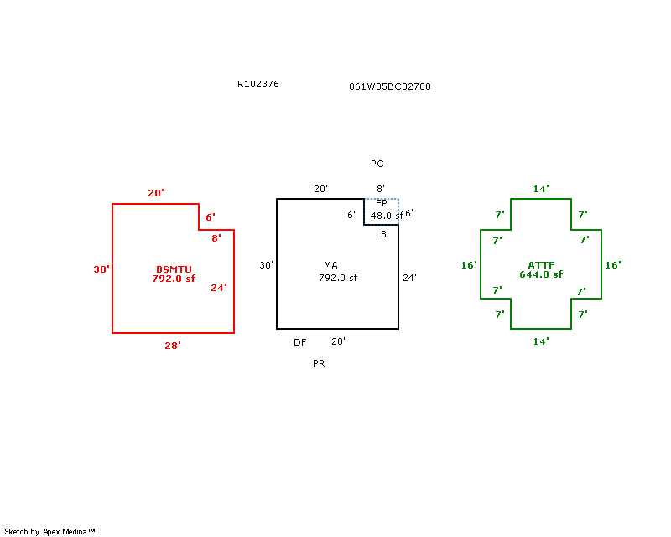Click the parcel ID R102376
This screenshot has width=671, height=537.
(258, 84)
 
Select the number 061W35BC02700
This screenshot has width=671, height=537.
(390, 86)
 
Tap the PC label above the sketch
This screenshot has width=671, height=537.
(377, 164)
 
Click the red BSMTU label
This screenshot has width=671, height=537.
(174, 268)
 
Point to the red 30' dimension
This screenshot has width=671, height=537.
(101, 269)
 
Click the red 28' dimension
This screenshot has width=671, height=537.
(173, 345)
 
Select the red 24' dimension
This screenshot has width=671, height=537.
(219, 288)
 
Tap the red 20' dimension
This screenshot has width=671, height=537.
(155, 193)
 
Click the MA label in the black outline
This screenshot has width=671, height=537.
(330, 265)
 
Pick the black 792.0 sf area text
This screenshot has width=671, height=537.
(338, 277)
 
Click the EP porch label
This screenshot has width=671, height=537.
(381, 204)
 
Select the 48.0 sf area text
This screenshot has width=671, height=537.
(387, 216)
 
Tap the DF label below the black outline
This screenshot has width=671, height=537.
(299, 342)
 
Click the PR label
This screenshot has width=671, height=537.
(318, 364)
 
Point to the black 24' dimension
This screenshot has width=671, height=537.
(409, 277)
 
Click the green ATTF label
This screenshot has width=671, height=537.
(540, 264)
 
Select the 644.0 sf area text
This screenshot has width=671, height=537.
(540, 274)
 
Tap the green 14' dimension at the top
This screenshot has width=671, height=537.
(541, 189)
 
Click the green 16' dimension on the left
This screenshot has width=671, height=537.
(469, 265)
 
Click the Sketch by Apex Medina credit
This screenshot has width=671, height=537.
(49, 531)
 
